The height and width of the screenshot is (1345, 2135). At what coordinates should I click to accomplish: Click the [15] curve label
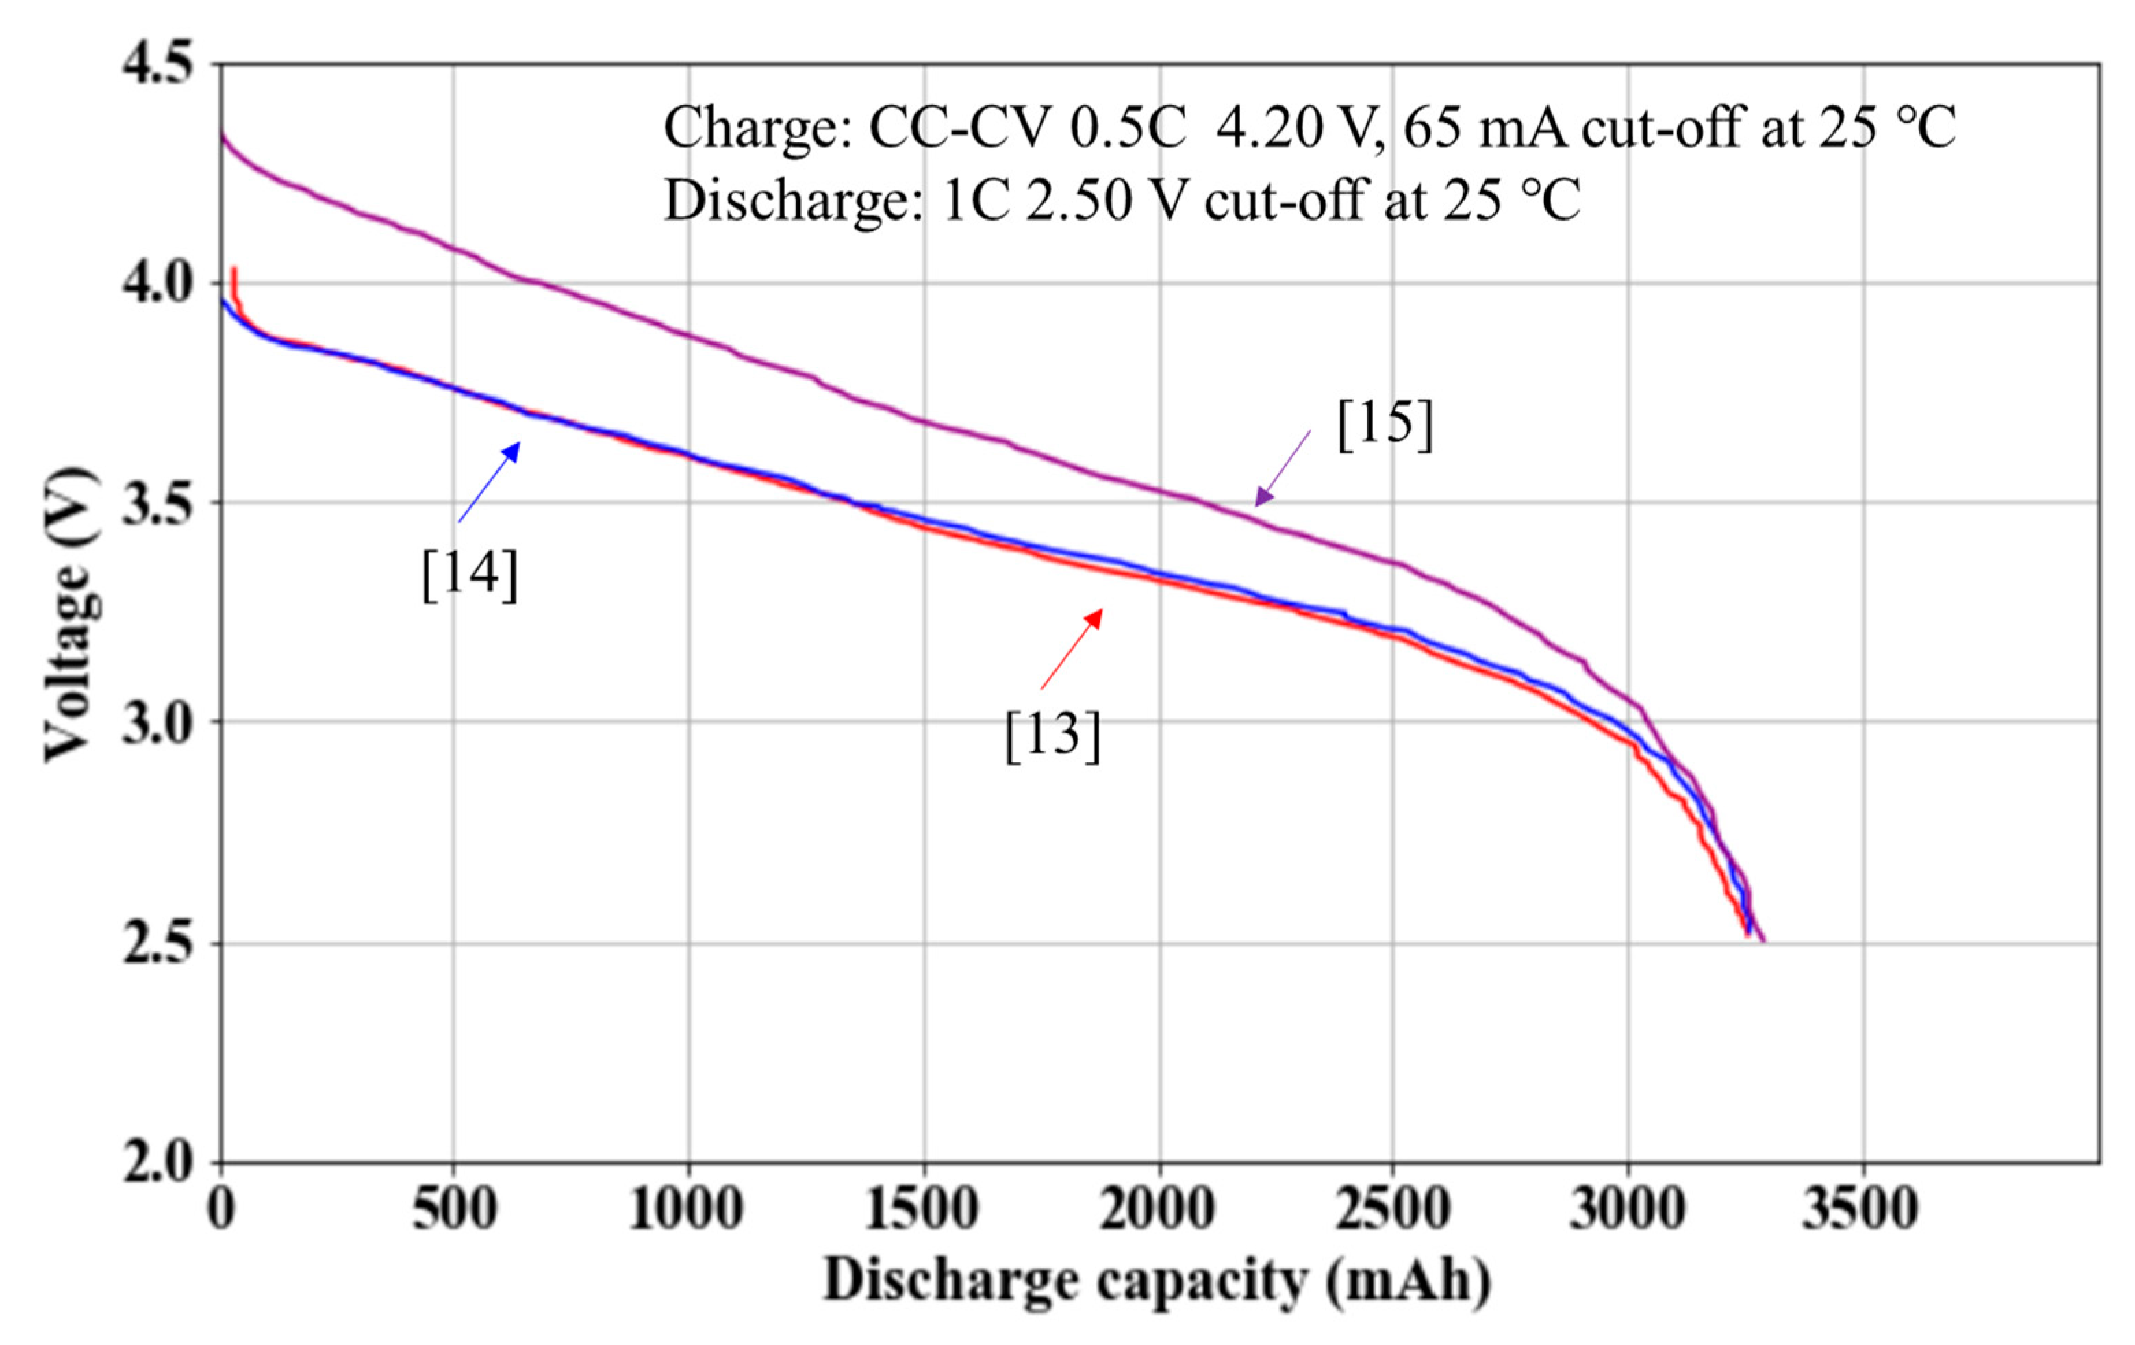point(1385,424)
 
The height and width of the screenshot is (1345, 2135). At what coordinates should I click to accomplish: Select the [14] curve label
point(469,575)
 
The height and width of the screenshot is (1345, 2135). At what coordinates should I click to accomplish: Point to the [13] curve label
point(1052,734)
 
